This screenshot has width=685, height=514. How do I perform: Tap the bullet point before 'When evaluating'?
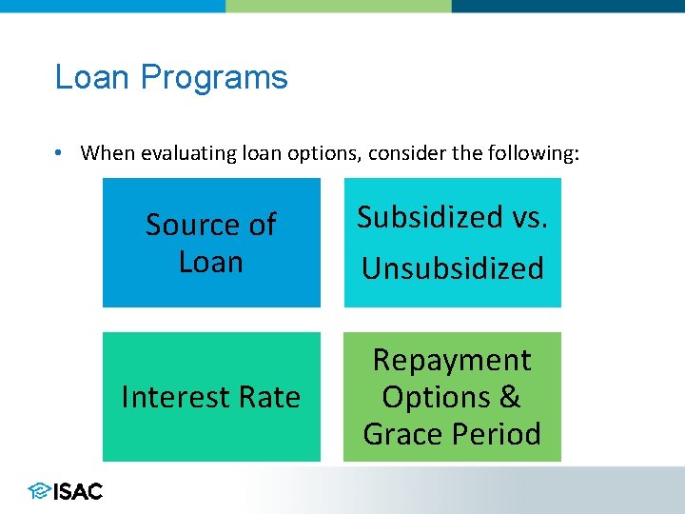[60, 153]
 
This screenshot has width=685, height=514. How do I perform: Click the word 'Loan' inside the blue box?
[211, 262]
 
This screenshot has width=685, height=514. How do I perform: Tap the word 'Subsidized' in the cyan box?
[428, 218]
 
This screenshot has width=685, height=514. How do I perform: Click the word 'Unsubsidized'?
[452, 268]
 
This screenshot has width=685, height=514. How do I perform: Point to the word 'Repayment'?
[452, 360]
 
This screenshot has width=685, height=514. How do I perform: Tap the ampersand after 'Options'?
[510, 397]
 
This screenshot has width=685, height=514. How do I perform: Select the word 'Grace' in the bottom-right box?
[403, 434]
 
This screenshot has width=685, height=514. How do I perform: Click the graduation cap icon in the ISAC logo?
[40, 491]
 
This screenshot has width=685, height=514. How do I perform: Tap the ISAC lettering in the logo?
[78, 491]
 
